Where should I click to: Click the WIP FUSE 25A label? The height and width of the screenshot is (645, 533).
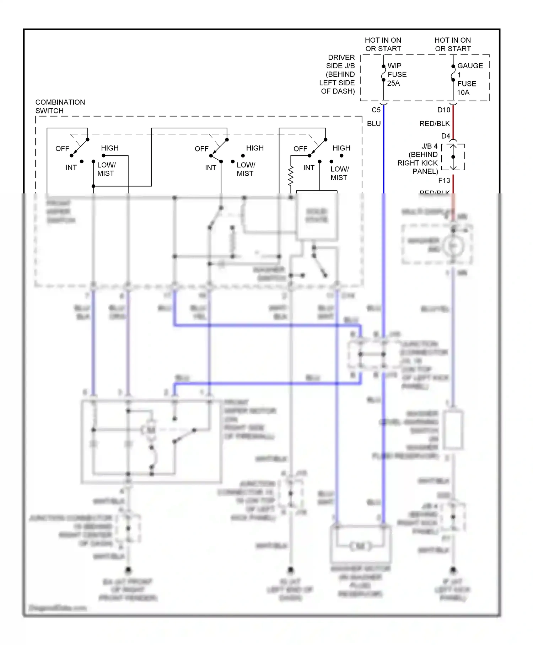tap(397, 75)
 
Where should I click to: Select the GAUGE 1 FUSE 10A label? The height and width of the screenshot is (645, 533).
tap(469, 79)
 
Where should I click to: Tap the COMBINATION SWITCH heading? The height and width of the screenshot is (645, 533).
tap(60, 106)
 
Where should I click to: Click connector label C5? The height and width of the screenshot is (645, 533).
tap(376, 110)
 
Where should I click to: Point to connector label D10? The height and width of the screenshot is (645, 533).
tap(443, 110)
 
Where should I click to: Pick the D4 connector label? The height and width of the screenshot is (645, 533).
tap(446, 136)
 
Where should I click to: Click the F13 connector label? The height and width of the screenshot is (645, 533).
tap(444, 180)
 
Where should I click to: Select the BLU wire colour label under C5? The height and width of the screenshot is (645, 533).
tap(374, 123)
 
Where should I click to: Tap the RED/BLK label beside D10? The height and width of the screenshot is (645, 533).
tap(434, 123)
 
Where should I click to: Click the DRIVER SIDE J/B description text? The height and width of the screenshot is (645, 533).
tap(337, 74)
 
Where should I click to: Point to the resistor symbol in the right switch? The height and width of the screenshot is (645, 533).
tap(291, 176)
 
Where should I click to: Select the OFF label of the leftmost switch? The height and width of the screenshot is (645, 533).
tap(62, 149)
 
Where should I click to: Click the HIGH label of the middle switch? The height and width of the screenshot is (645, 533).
tap(255, 148)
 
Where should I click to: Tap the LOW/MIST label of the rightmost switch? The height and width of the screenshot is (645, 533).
tap(339, 173)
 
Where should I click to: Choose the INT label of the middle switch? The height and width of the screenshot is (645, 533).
tap(210, 167)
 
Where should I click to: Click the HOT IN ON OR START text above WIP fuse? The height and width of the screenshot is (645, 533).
tap(383, 44)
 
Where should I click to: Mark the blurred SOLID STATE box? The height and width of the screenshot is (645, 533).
tap(317, 216)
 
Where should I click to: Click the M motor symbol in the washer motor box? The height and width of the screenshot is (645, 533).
tap(360, 546)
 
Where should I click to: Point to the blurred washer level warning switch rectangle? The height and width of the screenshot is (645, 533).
tap(453, 430)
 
